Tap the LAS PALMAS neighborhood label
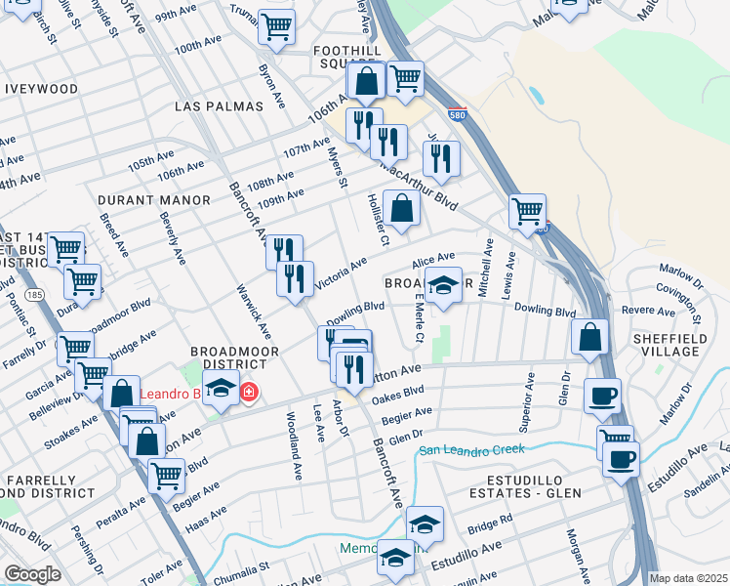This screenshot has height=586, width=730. [x=220, y=105]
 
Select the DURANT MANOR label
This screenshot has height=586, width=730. [x=154, y=200]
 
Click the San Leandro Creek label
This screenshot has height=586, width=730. [x=471, y=450]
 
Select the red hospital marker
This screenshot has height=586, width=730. [x=249, y=393]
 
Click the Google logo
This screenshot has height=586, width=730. [x=32, y=574]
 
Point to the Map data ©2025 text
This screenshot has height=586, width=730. [x=688, y=578]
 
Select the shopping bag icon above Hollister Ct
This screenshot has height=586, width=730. [x=401, y=208]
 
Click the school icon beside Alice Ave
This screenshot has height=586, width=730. [x=443, y=286]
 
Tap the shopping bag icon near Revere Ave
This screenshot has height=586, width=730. [x=590, y=337]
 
